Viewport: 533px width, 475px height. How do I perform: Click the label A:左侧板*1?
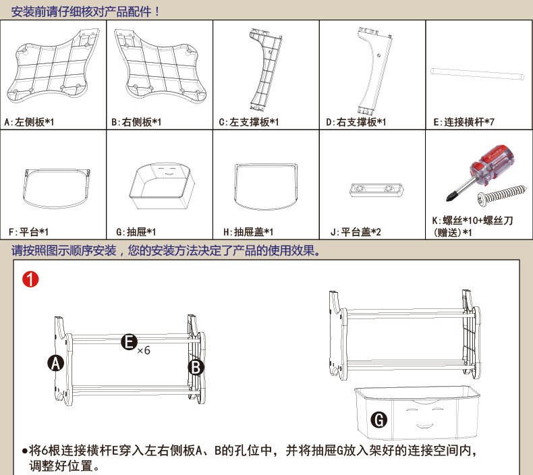coord(29,123)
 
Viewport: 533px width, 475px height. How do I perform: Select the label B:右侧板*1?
coord(136,123)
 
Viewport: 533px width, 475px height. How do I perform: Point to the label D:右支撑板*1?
coord(356,123)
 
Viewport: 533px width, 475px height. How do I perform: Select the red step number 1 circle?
coord(30,279)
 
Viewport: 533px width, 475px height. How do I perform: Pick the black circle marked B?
coord(195,367)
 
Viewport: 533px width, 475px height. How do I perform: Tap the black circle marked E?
coord(128,343)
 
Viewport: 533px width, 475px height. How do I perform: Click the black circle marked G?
coord(379,420)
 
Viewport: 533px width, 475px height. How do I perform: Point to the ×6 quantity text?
coord(143,351)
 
